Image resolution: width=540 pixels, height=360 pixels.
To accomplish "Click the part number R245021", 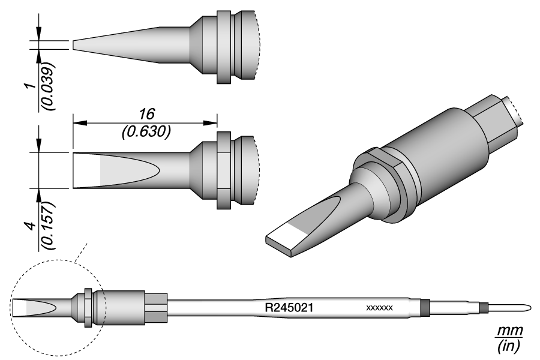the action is click(x=289, y=307).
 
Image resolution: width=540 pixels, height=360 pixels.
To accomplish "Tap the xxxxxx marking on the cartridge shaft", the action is click(x=380, y=308).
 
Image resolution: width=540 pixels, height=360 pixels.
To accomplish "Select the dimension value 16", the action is click(x=147, y=113).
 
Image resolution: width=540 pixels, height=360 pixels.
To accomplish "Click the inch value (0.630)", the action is click(x=146, y=132).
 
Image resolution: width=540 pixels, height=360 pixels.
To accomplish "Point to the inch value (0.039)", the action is click(x=48, y=86).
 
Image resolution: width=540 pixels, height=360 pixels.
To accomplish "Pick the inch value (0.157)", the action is click(x=48, y=226).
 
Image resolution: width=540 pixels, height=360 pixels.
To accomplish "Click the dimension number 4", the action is click(x=31, y=226).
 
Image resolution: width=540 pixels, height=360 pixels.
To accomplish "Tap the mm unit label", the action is click(x=509, y=331).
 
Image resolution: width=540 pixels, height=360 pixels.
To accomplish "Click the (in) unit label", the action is click(x=508, y=346).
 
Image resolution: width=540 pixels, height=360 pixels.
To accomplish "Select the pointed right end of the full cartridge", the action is click(x=530, y=307).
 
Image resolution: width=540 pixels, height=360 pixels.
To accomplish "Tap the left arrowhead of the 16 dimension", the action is click(x=79, y=123).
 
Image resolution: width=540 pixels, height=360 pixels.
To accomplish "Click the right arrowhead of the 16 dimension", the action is click(x=210, y=123).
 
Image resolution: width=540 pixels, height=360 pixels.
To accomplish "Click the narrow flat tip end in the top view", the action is click(x=73, y=45).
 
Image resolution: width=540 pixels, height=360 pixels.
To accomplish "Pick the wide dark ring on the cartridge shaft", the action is click(x=425, y=307).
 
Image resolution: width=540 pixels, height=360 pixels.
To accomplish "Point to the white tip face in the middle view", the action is click(x=86, y=170).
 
